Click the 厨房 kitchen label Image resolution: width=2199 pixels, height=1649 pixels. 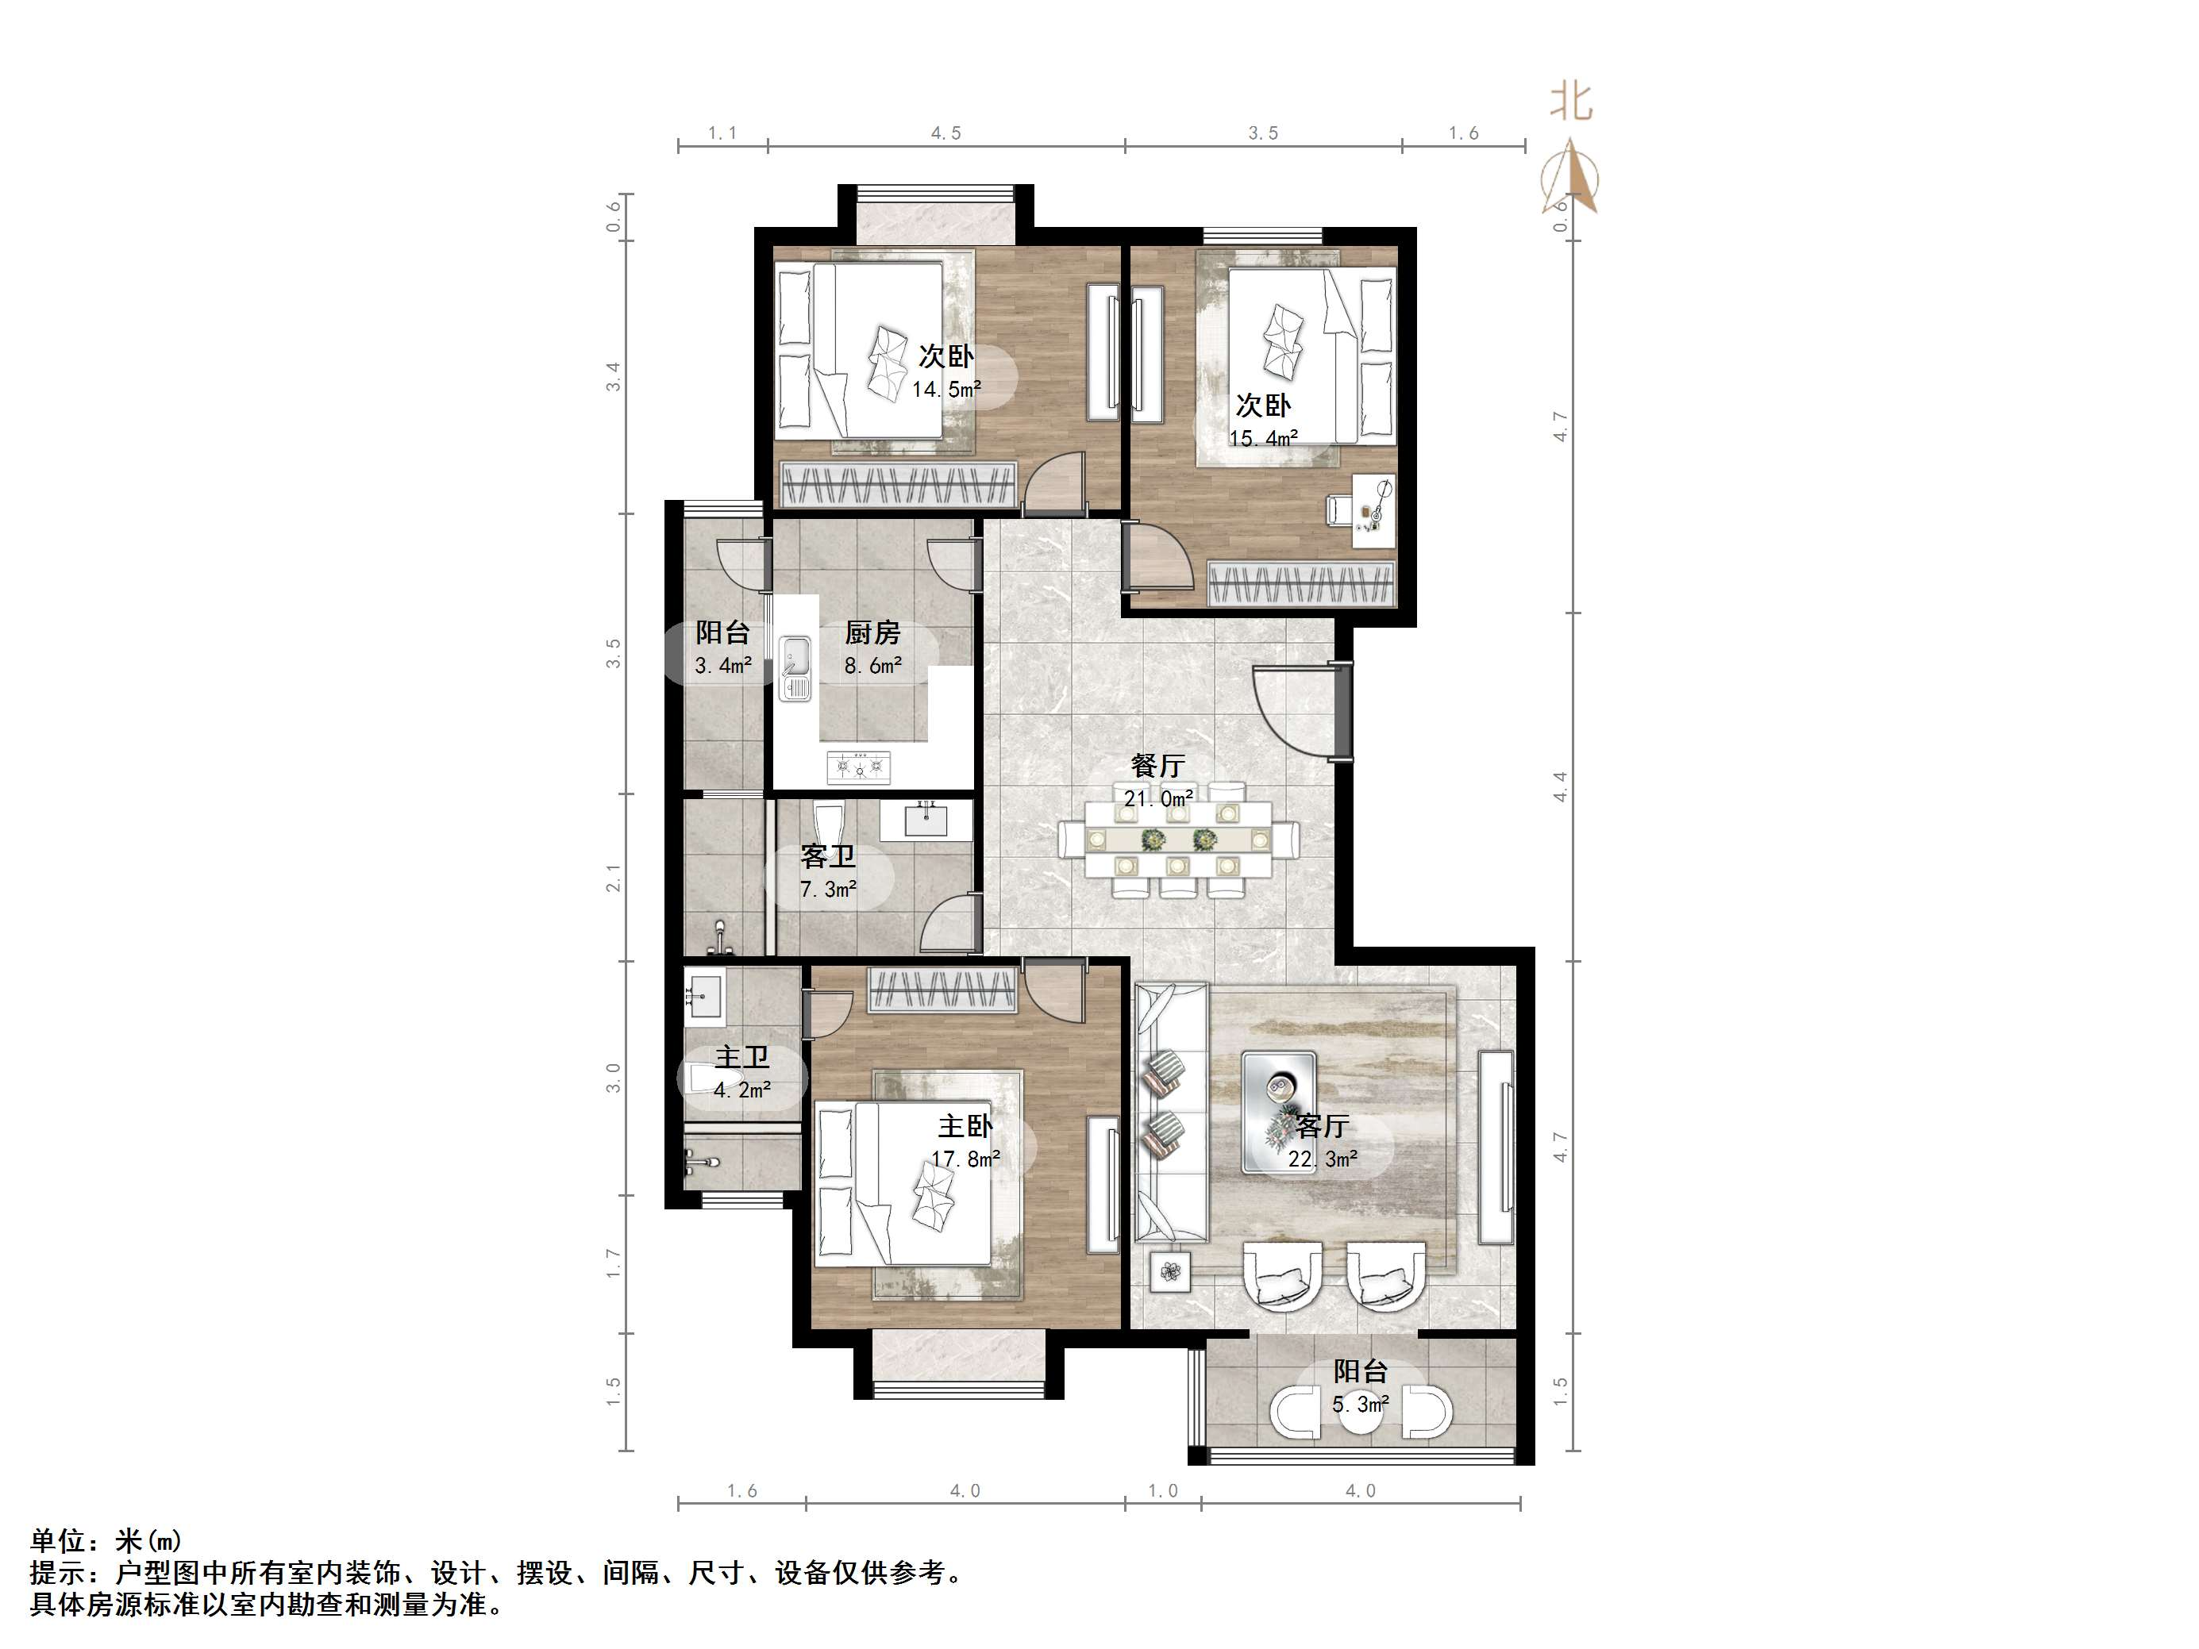pyautogui.click(x=872, y=632)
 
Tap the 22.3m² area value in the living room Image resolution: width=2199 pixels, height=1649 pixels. pyautogui.click(x=1323, y=1159)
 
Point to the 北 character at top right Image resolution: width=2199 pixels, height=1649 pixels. pyautogui.click(x=1572, y=102)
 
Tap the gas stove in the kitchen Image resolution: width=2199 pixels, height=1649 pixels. pyautogui.click(x=859, y=767)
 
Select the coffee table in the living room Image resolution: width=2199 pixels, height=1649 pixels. pyautogui.click(x=1280, y=1111)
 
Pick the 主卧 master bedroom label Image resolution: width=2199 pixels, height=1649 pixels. pyautogui.click(x=965, y=1126)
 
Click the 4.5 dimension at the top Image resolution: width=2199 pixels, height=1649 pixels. pyautogui.click(x=945, y=133)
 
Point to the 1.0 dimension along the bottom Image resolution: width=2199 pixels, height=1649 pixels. pyautogui.click(x=1162, y=1491)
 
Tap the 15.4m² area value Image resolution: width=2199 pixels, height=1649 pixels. pyautogui.click(x=1264, y=438)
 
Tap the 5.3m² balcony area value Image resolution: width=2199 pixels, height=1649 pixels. pyautogui.click(x=1360, y=1405)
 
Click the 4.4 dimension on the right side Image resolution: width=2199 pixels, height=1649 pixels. pyautogui.click(x=1561, y=786)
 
